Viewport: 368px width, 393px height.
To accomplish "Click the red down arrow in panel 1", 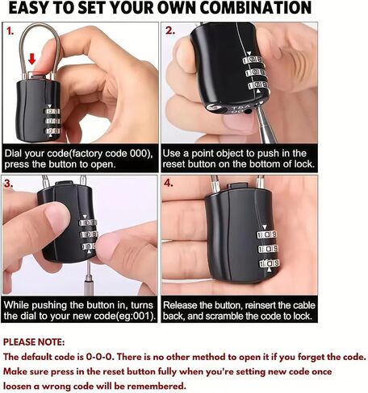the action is [x=32, y=59].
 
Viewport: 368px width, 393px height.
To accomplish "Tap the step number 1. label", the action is [x=10, y=31].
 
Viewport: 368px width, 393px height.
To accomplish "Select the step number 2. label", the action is [x=170, y=31].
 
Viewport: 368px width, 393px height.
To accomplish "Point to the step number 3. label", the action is [x=9, y=184].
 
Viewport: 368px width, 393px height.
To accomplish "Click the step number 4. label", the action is [x=169, y=183].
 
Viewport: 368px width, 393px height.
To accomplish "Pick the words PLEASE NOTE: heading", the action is [x=34, y=342].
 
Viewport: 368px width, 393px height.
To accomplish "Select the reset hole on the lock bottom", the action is [x=249, y=110].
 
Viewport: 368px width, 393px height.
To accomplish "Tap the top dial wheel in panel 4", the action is [x=267, y=234].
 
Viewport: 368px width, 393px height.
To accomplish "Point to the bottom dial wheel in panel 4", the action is [x=269, y=263].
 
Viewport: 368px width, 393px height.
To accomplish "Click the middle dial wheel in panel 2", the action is [x=255, y=72].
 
